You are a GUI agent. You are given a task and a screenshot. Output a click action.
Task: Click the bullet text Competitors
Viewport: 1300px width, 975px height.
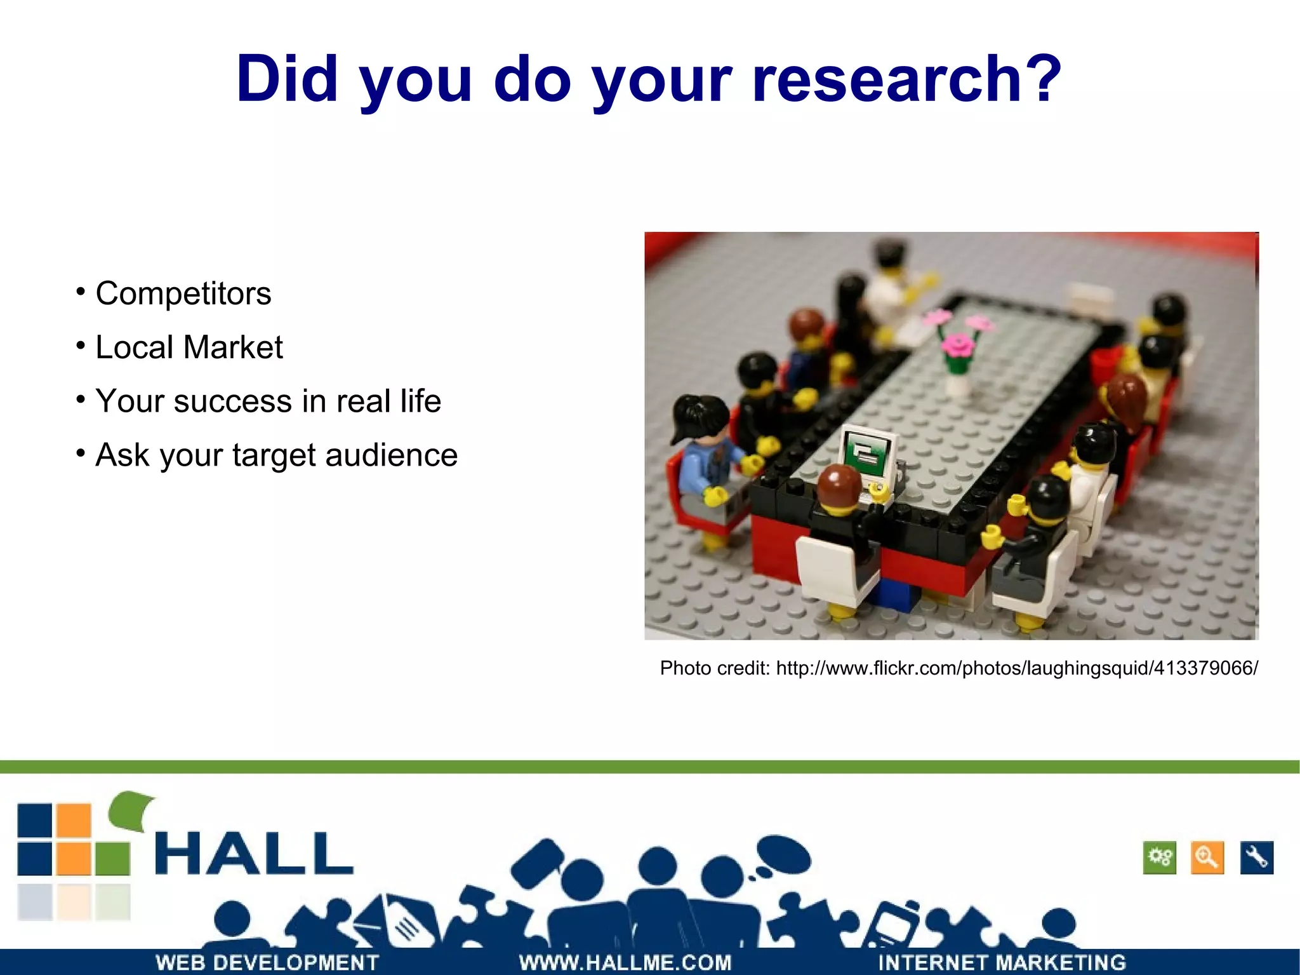click(x=183, y=293)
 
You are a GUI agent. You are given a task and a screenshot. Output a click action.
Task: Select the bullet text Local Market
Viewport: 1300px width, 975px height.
click(x=189, y=347)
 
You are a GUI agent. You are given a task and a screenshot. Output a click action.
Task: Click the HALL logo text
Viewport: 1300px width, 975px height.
click(x=254, y=854)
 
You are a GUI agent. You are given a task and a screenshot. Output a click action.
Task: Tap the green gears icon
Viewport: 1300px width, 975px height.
click(x=1160, y=858)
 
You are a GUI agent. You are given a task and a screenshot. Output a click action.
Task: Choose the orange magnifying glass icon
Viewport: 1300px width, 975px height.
click(x=1207, y=858)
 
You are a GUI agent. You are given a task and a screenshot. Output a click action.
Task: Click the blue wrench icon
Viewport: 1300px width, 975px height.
click(x=1257, y=858)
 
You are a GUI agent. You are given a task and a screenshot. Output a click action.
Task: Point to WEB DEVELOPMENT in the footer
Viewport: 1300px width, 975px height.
click(x=267, y=962)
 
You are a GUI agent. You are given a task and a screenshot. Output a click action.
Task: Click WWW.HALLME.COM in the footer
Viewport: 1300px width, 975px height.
click(x=625, y=962)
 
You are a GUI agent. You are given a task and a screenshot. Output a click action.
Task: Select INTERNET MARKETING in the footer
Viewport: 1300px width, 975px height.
click(x=1002, y=962)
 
